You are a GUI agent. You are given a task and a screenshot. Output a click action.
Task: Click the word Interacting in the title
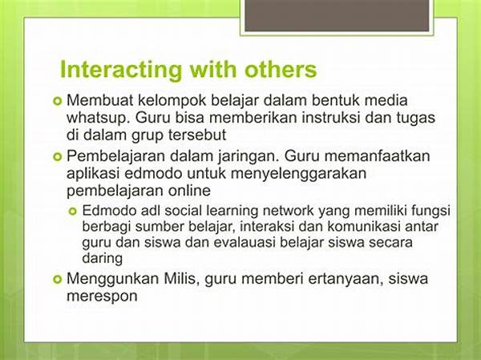tap(120, 71)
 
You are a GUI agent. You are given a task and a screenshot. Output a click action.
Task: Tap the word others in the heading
tap(281, 69)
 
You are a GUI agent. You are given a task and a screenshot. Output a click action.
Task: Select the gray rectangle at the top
tap(337, 16)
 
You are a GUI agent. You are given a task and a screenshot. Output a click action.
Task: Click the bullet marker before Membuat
tap(58, 101)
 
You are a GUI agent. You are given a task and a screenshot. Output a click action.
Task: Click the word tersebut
tap(196, 135)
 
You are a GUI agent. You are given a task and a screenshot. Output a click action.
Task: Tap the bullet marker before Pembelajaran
tap(58, 157)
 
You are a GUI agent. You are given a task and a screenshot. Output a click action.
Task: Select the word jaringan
tap(249, 157)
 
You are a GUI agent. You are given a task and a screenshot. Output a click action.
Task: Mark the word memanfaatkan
tap(377, 156)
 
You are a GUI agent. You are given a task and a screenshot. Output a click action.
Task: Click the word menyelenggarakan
tap(298, 174)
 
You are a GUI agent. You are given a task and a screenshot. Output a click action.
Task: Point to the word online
tap(189, 191)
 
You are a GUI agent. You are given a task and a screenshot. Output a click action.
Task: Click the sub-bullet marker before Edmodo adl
tap(73, 211)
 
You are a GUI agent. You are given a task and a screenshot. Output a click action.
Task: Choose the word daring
tap(102, 258)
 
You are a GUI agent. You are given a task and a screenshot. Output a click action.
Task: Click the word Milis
tap(180, 279)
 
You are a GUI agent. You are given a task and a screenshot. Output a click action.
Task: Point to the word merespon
tap(102, 297)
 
